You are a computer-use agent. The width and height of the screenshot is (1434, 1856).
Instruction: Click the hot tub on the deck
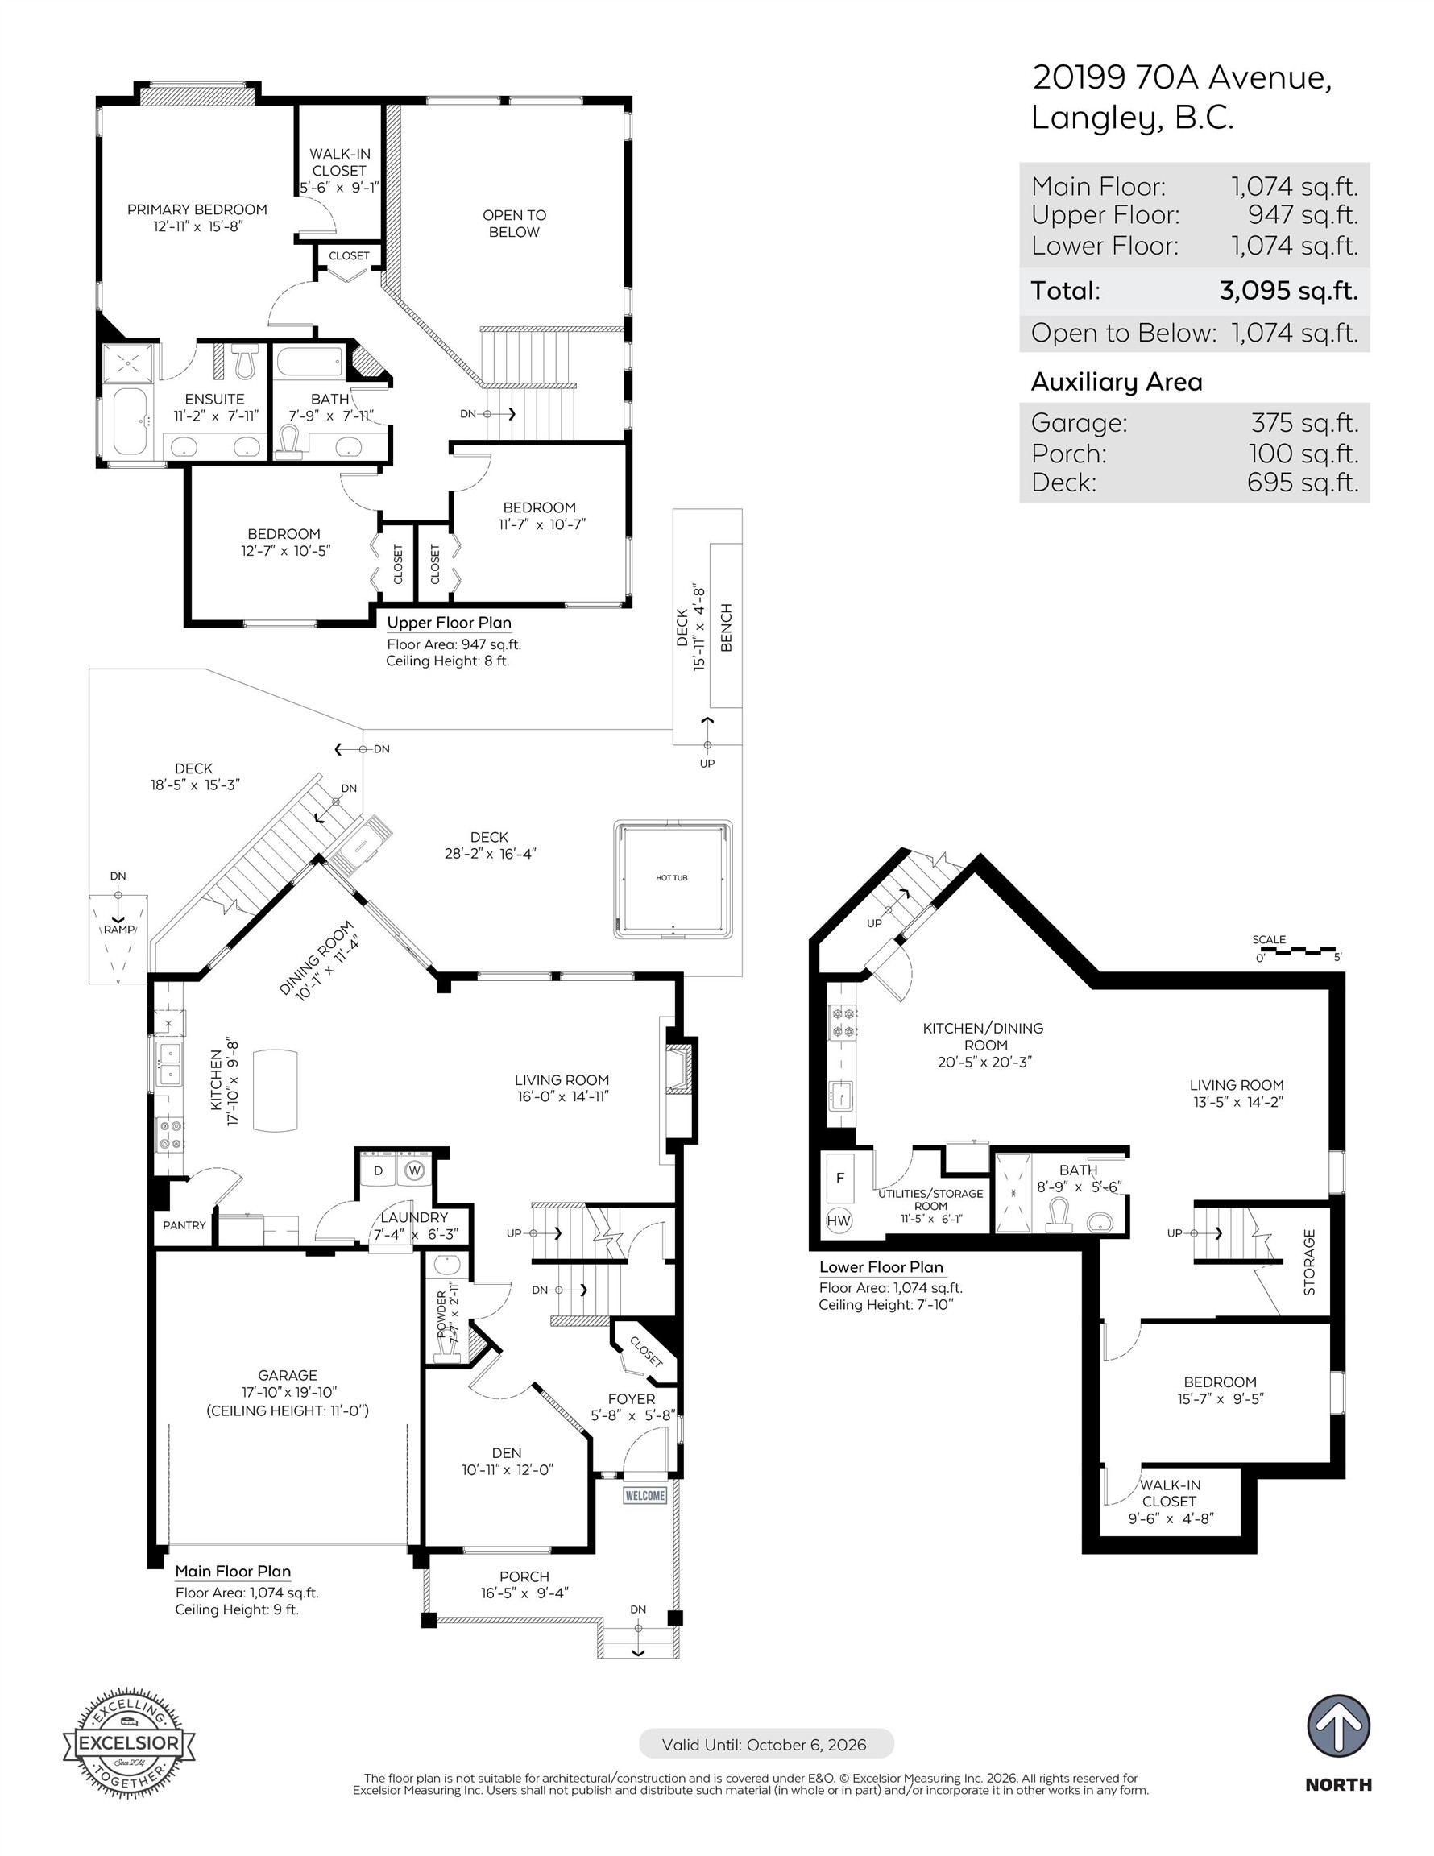point(672,879)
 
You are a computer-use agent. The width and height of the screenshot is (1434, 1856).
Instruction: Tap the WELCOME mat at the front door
point(644,1496)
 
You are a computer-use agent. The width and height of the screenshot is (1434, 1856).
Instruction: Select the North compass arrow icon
point(1338,1726)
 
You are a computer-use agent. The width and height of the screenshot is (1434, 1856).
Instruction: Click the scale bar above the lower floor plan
point(1297,950)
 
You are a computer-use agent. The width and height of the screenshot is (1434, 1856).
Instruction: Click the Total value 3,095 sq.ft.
point(1288,291)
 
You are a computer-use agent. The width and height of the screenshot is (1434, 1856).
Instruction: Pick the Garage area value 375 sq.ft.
point(1304,422)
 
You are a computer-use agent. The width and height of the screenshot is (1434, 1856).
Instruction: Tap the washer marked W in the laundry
point(414,1170)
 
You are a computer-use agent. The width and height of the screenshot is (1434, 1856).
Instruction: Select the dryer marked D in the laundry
point(379,1170)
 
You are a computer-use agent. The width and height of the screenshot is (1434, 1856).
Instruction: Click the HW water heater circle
point(838,1220)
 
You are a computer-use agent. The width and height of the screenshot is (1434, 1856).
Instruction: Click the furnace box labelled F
point(839,1178)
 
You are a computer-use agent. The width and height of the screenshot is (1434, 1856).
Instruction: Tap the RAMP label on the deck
point(119,930)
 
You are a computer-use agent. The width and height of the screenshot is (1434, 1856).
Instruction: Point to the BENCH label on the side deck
point(726,628)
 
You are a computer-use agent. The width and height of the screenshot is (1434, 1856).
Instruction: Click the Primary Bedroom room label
point(197,210)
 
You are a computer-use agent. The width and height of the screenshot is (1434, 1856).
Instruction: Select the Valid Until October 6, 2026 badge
point(765,1745)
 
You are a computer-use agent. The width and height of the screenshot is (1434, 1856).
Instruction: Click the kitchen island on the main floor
point(276,1090)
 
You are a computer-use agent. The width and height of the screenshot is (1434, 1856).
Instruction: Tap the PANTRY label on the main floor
point(184,1224)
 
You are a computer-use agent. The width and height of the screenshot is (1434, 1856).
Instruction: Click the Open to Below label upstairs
point(514,223)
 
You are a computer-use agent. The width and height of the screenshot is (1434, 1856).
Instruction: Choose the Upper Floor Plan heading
point(449,622)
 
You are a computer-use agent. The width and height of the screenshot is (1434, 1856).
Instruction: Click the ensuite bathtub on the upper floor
point(130,421)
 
